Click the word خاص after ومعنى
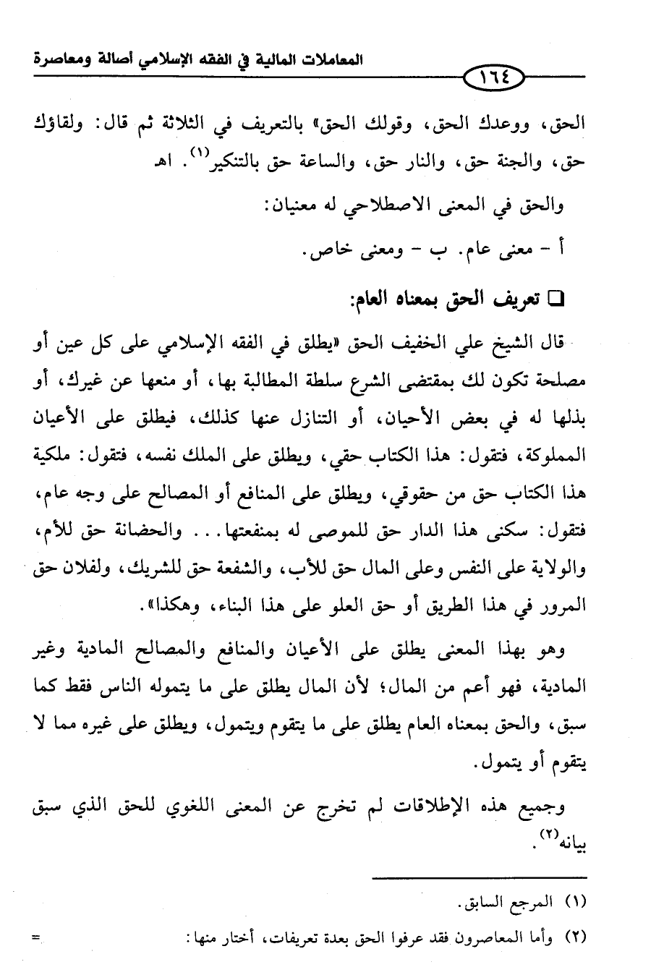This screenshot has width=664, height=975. pos(331,252)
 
